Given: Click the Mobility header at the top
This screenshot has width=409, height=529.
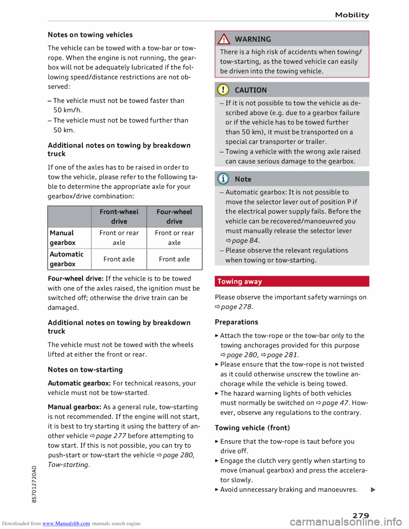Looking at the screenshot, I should (352, 15).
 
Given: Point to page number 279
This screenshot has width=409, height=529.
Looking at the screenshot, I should (360, 516).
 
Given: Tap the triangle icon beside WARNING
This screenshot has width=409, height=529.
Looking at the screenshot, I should (224, 39).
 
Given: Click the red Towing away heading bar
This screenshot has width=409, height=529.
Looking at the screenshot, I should (292, 282).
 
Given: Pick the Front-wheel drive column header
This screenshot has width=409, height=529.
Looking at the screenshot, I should (119, 216).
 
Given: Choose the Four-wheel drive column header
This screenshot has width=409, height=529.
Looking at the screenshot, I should (174, 216).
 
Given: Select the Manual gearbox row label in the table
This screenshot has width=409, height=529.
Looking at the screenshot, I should (63, 238).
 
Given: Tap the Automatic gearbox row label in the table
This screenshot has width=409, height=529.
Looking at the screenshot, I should (66, 259).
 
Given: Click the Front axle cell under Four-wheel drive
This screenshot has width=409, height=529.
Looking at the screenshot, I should (174, 259).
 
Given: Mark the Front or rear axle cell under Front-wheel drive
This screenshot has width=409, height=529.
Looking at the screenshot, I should (119, 238).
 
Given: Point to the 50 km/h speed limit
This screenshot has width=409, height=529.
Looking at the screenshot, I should (68, 110).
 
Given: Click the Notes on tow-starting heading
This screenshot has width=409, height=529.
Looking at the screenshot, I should (85, 370).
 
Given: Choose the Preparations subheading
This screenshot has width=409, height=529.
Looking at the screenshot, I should (236, 322).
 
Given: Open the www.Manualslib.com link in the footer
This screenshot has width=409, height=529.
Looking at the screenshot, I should (66, 523).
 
